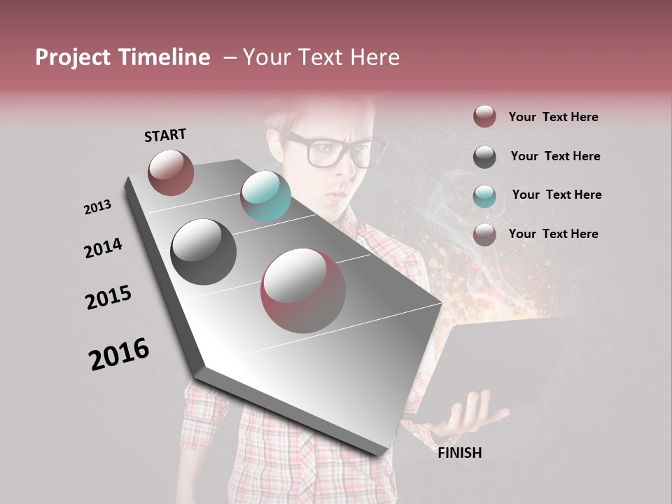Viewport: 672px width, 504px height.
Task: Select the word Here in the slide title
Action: pyautogui.click(x=374, y=57)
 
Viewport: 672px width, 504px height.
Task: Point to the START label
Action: pyautogui.click(x=165, y=135)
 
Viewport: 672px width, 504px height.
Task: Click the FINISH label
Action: pyautogui.click(x=460, y=453)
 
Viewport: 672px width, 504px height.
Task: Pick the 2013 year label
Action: pyautogui.click(x=97, y=207)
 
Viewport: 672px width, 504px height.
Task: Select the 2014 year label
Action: pyautogui.click(x=103, y=248)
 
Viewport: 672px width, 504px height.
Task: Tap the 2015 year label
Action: pyautogui.click(x=108, y=297)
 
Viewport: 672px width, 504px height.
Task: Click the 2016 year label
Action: pyautogui.click(x=119, y=354)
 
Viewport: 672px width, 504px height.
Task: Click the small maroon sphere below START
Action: pyautogui.click(x=171, y=172)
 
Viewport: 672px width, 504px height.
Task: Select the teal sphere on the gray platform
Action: pyautogui.click(x=265, y=196)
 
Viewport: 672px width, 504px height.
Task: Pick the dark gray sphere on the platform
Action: pyautogui.click(x=203, y=252)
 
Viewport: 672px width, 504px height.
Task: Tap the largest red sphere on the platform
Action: pyautogui.click(x=303, y=290)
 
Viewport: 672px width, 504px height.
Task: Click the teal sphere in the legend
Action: pyautogui.click(x=484, y=196)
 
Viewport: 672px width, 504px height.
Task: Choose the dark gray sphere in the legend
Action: pyautogui.click(x=484, y=157)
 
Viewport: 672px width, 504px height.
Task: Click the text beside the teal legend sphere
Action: pyautogui.click(x=556, y=195)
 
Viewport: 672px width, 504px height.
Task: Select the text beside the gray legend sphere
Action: pyautogui.click(x=555, y=156)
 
